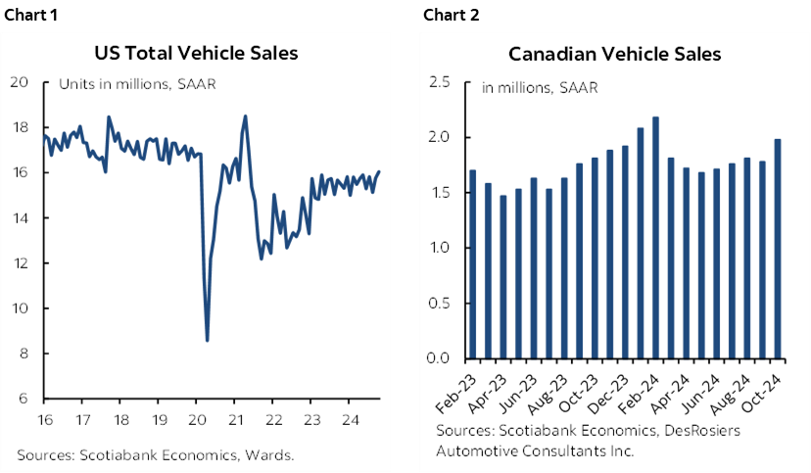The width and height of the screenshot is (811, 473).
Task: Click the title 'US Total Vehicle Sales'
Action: click(x=196, y=53)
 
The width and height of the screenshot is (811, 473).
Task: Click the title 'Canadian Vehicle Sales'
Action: click(x=615, y=54)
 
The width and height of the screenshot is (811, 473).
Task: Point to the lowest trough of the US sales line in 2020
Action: click(x=207, y=340)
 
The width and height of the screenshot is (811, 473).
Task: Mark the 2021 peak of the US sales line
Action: click(x=245, y=117)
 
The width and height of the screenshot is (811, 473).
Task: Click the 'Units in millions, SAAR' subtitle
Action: click(x=137, y=84)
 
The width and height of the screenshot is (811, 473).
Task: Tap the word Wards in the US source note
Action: click(x=273, y=454)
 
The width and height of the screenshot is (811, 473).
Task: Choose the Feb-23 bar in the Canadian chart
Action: click(x=474, y=264)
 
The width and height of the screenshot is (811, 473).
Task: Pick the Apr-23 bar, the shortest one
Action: click(x=503, y=276)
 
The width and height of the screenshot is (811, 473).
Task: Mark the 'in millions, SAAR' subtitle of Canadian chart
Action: click(x=540, y=87)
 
